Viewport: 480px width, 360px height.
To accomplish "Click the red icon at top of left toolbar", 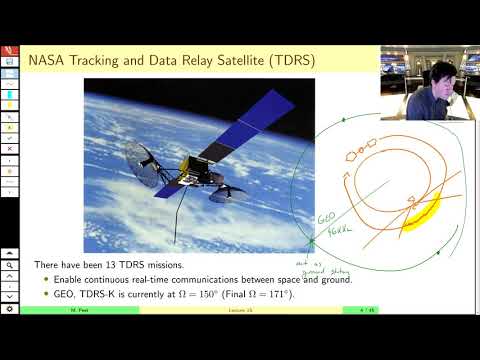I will [9, 49].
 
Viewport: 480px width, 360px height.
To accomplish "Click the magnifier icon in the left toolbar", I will [9, 267].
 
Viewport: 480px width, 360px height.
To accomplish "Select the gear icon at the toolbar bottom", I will [9, 309].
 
